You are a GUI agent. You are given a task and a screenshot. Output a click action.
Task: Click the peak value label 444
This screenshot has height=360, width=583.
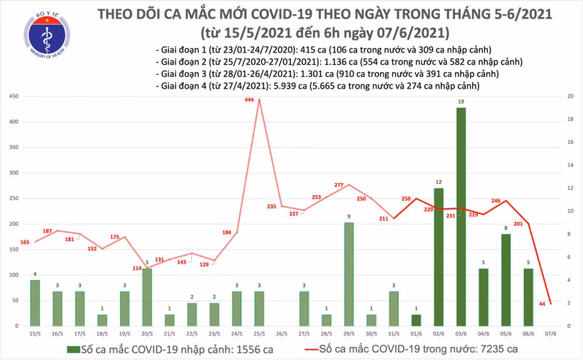point(250,101)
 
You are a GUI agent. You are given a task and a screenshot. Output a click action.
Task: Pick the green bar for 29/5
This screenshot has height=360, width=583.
point(348,274)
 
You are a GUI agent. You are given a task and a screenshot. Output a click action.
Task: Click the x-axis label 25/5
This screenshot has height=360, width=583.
point(258,334)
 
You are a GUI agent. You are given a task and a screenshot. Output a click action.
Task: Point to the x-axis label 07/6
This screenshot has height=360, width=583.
point(550,334)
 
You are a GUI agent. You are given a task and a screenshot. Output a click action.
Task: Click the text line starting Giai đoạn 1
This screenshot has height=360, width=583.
point(323,49)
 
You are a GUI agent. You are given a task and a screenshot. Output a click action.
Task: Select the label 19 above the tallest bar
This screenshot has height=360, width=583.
point(461,102)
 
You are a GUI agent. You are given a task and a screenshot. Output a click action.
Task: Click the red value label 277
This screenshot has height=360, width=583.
point(340,186)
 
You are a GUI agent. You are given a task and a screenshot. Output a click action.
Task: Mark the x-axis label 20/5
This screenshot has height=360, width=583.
point(147,334)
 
